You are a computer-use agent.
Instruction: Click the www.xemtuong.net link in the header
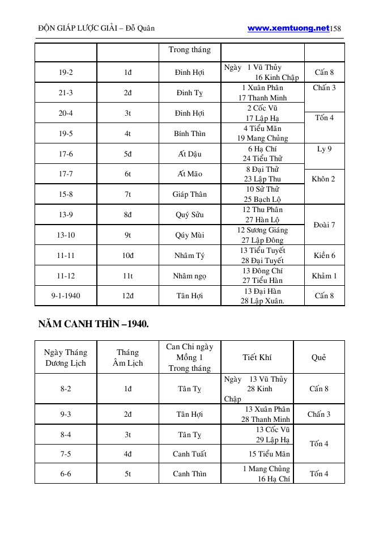pyautogui.click(x=288, y=28)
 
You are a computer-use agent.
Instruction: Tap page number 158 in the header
pyautogui.click(x=335, y=28)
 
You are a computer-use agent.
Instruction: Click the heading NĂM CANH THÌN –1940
pyautogui.click(x=93, y=324)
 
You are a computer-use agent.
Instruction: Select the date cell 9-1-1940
pyautogui.click(x=66, y=296)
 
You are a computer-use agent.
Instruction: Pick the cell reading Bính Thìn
pyautogui.click(x=190, y=134)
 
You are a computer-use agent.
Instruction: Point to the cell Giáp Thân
pyautogui.click(x=190, y=194)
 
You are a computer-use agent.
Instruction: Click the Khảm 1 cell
pyautogui.click(x=324, y=276)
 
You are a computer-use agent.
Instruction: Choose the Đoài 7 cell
pyautogui.click(x=324, y=225)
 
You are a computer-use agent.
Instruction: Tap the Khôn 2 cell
pyautogui.click(x=324, y=179)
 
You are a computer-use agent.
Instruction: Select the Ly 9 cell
pyautogui.click(x=324, y=149)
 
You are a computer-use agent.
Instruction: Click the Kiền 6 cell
pyautogui.click(x=324, y=256)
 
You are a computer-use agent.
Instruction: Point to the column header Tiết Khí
pyautogui.click(x=257, y=358)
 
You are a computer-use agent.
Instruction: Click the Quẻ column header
pyautogui.click(x=319, y=358)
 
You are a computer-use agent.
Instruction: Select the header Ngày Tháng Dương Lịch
pyautogui.click(x=66, y=358)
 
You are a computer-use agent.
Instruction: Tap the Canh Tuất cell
pyautogui.click(x=190, y=454)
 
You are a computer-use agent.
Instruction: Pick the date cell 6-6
pyautogui.click(x=66, y=474)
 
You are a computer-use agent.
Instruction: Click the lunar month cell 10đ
pyautogui.click(x=128, y=256)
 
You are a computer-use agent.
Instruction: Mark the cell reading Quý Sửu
pyautogui.click(x=190, y=215)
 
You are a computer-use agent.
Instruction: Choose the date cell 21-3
pyautogui.click(x=66, y=93)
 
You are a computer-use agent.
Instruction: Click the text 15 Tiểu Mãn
pyautogui.click(x=269, y=454)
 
